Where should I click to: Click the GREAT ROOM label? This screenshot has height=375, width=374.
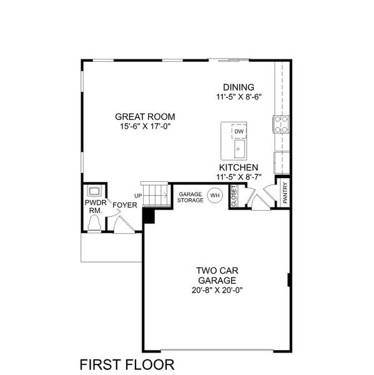tap(144, 116)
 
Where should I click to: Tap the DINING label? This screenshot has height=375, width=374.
tap(239, 87)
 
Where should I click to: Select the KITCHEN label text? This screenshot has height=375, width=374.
tap(238, 168)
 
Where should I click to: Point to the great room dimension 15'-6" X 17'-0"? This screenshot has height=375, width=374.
tap(144, 126)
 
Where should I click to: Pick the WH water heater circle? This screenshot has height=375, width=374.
tap(215, 196)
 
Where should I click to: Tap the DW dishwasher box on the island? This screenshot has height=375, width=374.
tap(239, 132)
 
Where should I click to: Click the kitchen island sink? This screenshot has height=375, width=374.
tap(239, 148)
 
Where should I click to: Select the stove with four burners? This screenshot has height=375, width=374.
tap(281, 124)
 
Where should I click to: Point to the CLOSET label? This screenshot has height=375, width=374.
tap(234, 195)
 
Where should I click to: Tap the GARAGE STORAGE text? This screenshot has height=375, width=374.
tap(190, 197)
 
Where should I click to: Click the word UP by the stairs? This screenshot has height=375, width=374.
tap(138, 196)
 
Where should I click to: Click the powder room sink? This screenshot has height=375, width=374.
tap(95, 192)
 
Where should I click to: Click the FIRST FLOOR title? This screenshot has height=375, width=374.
tap(127, 364)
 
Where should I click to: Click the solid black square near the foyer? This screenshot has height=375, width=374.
tap(149, 215)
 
